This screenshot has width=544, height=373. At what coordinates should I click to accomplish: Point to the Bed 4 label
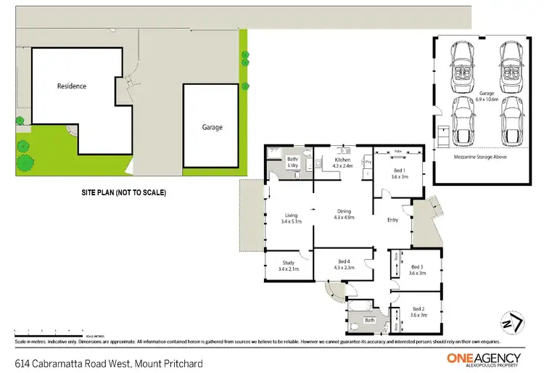coord(344,264)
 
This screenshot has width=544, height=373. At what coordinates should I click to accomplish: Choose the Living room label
coord(291,218)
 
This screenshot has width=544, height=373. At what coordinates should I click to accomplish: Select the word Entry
coord(392,220)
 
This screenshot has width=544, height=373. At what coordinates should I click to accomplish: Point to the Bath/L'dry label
coord(293,162)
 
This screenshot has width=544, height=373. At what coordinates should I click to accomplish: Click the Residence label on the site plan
coord(72,86)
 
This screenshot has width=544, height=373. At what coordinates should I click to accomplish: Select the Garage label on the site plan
coord(213,127)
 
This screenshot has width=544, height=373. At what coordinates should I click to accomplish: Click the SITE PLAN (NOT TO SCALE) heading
coord(123,193)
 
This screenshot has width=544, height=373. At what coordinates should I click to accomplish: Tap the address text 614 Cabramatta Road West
coord(108,362)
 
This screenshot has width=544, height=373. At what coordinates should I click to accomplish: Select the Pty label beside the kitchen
coord(368,163)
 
